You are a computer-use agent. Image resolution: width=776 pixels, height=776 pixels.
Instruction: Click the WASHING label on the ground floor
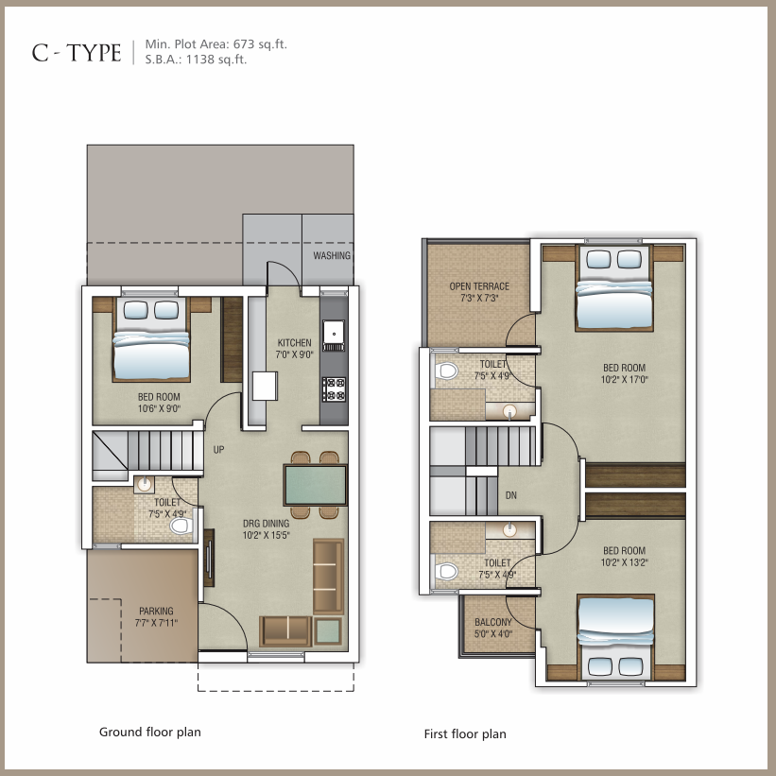(x=332, y=255)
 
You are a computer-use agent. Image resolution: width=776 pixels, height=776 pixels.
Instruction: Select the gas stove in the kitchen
(x=334, y=389)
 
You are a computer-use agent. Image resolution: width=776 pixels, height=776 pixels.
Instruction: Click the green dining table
(x=316, y=485)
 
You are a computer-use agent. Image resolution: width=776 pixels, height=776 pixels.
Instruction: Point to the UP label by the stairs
(x=218, y=449)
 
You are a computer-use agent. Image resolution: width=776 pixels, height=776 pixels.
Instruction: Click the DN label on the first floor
(x=511, y=495)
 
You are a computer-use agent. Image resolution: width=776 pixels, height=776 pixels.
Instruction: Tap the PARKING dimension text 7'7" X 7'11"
(x=156, y=623)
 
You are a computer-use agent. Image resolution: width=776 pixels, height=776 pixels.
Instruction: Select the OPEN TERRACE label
(x=479, y=286)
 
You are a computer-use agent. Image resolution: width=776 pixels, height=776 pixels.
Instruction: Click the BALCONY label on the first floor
(x=493, y=622)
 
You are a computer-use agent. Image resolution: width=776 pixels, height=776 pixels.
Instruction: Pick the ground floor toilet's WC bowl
(x=181, y=526)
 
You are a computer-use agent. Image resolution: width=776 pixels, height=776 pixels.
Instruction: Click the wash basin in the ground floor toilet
(x=145, y=485)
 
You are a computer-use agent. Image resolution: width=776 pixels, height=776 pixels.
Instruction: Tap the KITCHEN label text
(x=295, y=342)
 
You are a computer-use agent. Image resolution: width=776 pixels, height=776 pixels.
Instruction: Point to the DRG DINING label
(x=267, y=523)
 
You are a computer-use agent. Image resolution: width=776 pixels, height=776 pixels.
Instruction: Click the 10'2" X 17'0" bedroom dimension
(x=625, y=380)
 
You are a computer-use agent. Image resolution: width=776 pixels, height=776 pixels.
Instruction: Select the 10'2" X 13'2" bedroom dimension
(x=625, y=562)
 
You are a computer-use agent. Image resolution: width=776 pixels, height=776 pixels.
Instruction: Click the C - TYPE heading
(x=77, y=53)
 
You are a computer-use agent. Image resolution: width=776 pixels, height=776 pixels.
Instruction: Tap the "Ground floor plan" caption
(x=150, y=732)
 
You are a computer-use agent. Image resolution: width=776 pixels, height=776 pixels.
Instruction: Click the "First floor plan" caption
(x=465, y=733)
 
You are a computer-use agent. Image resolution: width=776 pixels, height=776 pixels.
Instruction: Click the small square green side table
(x=327, y=631)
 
